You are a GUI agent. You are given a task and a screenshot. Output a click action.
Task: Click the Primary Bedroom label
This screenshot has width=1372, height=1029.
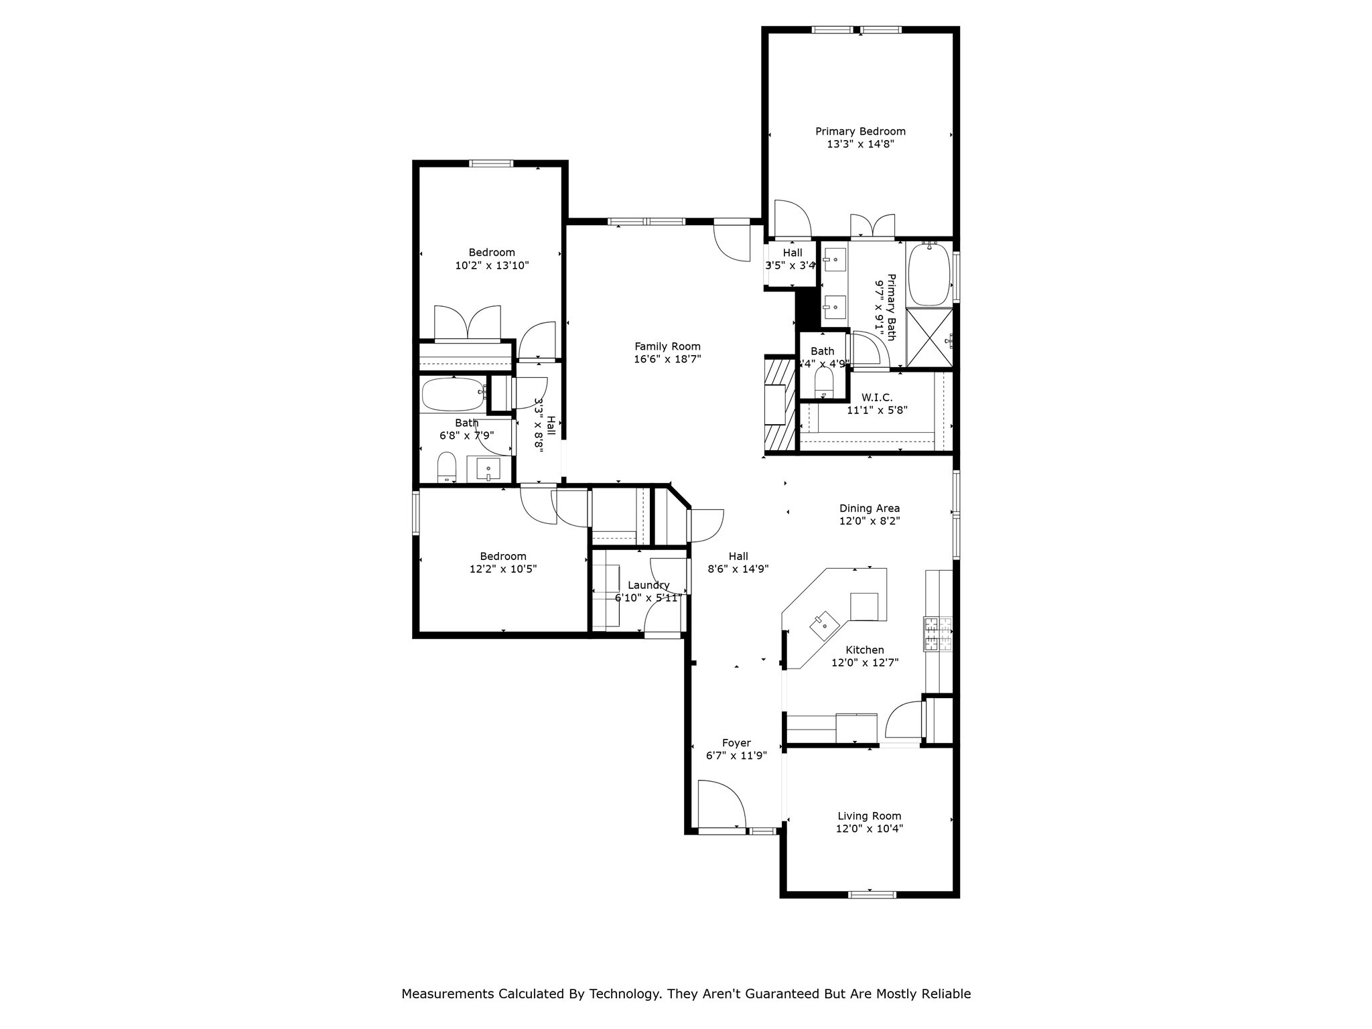(x=860, y=131)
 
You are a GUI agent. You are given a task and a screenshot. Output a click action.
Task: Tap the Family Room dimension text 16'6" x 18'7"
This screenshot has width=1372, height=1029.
(x=667, y=359)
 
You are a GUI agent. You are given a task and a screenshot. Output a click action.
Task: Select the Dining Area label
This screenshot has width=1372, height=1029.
(x=870, y=508)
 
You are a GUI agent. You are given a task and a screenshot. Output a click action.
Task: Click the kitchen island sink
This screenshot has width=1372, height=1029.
(x=825, y=625)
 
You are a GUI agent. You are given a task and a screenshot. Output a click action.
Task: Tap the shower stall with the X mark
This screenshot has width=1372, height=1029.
(x=929, y=338)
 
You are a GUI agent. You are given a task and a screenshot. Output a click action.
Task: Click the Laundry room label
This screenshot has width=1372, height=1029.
(x=648, y=585)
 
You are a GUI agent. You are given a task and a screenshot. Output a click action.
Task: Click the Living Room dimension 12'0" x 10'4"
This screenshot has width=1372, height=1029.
(x=870, y=829)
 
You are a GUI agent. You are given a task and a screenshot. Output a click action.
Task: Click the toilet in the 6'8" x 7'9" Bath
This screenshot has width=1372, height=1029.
(x=446, y=466)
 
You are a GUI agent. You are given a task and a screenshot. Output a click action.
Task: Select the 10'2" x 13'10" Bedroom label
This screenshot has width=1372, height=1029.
(x=492, y=253)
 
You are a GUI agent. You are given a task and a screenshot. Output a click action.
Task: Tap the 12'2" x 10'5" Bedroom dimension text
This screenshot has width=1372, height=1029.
(x=503, y=569)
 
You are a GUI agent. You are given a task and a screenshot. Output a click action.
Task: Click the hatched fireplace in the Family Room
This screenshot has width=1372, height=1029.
(x=779, y=405)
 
